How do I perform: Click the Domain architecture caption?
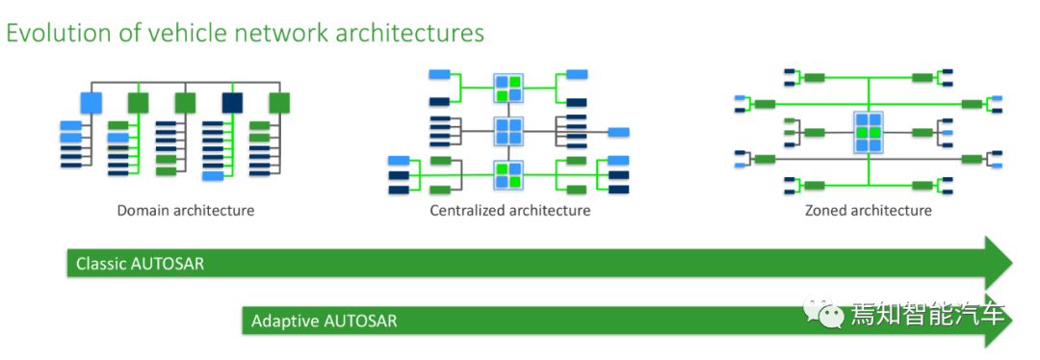pos(186,212)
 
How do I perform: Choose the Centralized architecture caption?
pos(510,212)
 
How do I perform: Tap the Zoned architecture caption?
pos(869,212)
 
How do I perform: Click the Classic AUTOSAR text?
pos(140,264)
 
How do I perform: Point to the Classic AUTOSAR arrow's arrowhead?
pos(1000,263)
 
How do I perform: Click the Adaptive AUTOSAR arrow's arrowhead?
pos(999,321)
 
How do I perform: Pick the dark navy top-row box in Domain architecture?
pos(232,103)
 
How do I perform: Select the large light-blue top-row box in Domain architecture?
pos(91,103)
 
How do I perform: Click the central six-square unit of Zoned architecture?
pos(869,131)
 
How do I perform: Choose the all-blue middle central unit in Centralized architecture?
pos(508,131)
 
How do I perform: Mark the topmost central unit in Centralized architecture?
pos(508,88)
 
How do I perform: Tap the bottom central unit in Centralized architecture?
pos(508,175)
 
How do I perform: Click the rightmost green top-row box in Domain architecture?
pos(279,103)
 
